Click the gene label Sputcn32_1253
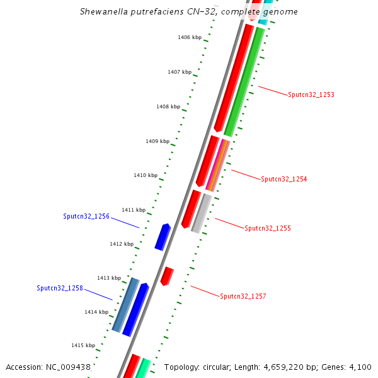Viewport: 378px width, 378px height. [311, 95]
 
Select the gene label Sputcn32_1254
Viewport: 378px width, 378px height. [284, 180]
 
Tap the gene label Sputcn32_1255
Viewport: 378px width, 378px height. [268, 229]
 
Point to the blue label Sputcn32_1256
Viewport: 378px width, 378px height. [86, 216]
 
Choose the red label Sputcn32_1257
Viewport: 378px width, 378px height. [243, 296]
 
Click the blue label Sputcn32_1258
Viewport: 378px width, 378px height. [60, 288]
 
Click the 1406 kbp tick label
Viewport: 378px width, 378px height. [190, 38]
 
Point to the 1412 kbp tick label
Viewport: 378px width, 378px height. [122, 244]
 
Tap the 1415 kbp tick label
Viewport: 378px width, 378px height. [83, 345]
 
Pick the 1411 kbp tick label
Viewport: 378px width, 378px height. [134, 210]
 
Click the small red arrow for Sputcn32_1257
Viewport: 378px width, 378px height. [166, 276]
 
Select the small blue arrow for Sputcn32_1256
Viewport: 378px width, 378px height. [163, 236]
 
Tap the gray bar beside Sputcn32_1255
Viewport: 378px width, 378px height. [202, 213]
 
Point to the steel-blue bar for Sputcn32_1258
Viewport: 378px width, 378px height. [126, 305]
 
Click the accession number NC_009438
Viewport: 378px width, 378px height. [71, 367]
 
